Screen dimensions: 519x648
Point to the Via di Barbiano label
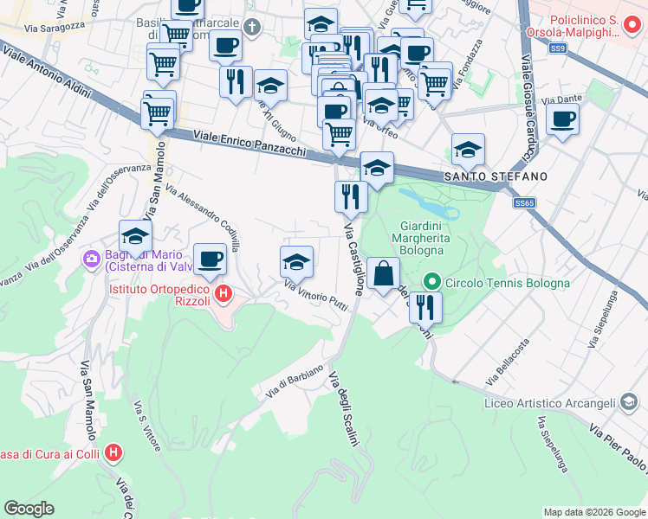coord(295,381)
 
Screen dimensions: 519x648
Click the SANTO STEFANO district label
coord(496,176)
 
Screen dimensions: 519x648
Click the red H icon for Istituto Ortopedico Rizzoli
coord(224,294)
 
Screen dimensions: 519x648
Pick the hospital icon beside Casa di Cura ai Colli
coord(113,452)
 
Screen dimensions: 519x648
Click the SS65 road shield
coord(524,202)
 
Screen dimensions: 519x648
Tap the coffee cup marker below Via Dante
coord(563,119)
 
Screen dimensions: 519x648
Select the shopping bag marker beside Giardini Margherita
coord(383,274)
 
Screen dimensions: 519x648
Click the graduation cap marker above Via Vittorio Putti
coord(296,261)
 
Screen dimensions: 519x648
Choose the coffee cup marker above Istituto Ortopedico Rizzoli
coord(210,258)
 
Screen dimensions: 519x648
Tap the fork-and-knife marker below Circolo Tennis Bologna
coord(425,306)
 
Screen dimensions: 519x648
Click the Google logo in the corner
coord(29,509)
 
